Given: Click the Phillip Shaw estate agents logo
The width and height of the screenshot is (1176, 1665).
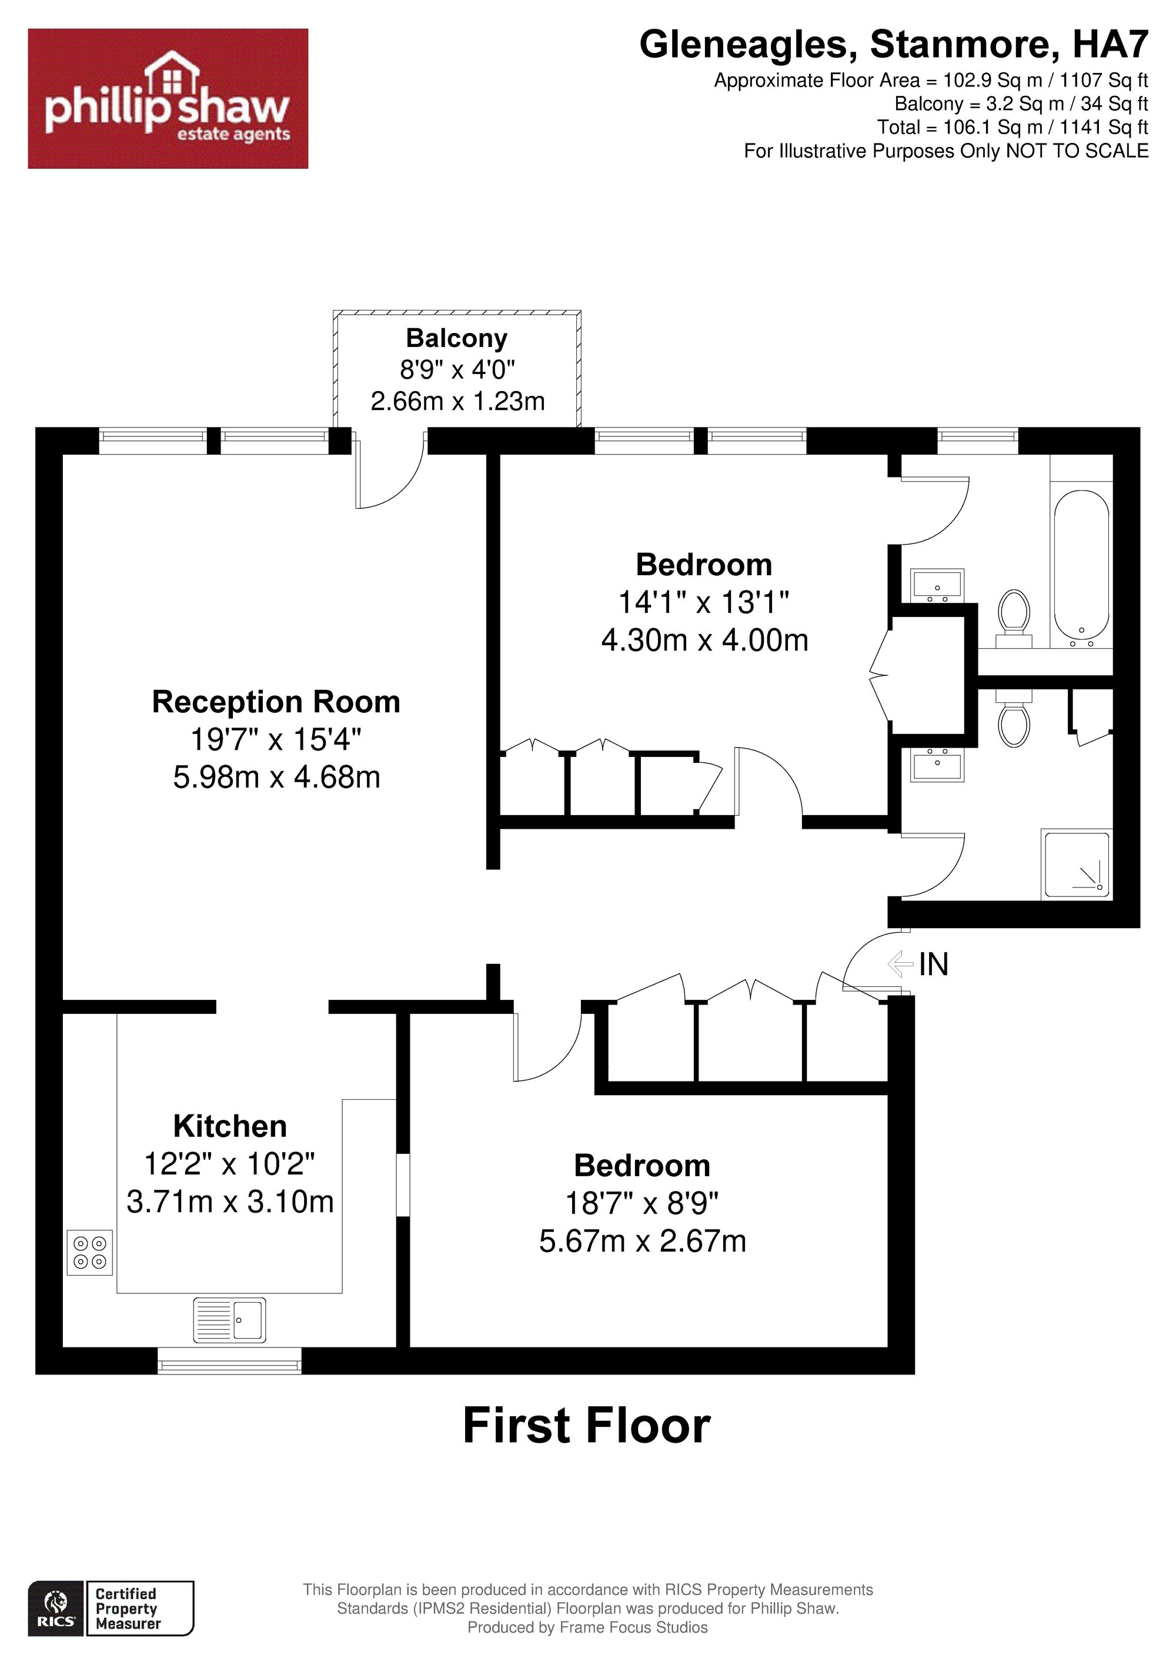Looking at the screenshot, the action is [168, 99].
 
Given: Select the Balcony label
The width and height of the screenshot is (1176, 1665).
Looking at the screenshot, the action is [457, 338].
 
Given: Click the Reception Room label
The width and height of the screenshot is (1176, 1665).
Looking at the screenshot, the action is [276, 702].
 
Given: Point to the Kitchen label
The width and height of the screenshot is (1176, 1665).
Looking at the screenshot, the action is [230, 1126].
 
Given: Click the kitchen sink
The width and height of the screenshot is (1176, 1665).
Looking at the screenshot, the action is [229, 1320].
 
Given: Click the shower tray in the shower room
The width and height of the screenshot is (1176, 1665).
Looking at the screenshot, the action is [1076, 865].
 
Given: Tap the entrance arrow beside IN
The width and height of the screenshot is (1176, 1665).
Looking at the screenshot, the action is [900, 964].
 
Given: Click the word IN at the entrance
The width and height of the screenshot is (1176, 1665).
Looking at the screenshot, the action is [934, 965].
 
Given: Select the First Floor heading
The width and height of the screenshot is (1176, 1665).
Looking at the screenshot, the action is [587, 1426].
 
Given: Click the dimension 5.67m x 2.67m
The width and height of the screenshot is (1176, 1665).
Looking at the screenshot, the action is [642, 1241].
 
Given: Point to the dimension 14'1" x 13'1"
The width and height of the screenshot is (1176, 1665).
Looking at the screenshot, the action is [703, 602].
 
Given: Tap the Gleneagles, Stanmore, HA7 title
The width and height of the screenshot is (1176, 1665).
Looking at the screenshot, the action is [894, 45].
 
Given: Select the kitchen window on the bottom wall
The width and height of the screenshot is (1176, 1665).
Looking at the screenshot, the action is [230, 1360].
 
